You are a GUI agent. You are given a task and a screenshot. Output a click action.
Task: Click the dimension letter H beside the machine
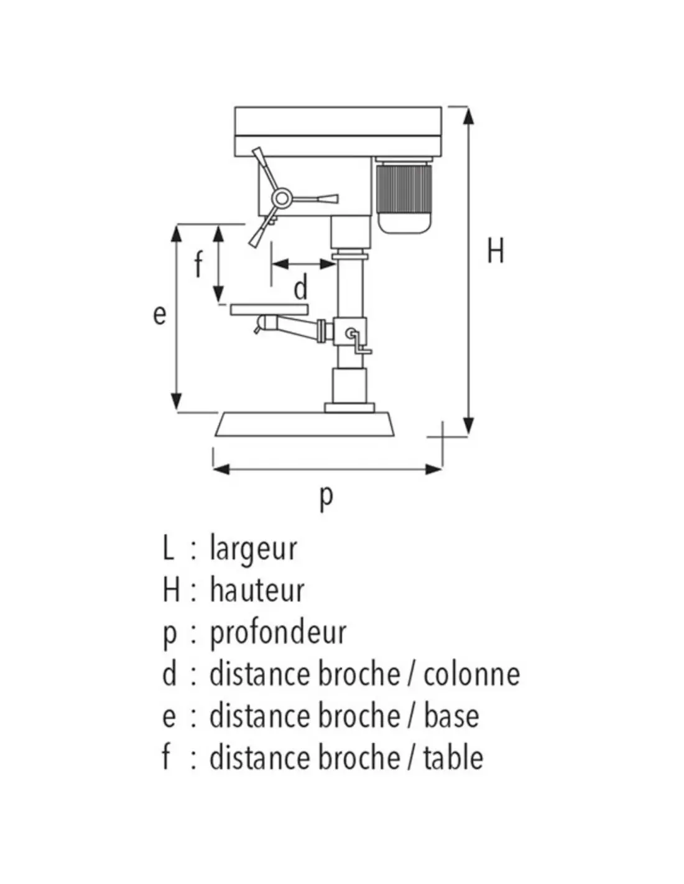(495, 251)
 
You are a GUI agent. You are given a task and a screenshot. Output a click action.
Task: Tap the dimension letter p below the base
(326, 497)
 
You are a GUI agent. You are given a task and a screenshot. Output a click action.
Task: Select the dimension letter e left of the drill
(160, 315)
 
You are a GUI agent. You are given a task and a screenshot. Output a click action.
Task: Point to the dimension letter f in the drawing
(198, 264)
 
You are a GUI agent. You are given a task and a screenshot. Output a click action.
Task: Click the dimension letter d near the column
(300, 288)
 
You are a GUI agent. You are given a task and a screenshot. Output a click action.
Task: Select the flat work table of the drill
(269, 309)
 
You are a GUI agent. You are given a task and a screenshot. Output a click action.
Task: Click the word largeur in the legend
(253, 549)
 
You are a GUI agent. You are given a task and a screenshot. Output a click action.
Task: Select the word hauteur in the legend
(257, 591)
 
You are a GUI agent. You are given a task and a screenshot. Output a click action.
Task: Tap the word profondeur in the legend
(277, 633)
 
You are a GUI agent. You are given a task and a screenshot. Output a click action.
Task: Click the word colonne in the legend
(471, 675)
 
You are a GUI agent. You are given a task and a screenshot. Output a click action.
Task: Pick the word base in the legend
(451, 716)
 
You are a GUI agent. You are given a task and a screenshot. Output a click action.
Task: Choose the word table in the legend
(453, 758)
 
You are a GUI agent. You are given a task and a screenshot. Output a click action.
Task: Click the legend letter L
(168, 549)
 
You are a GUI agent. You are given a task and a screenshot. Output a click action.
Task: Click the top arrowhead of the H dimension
(469, 116)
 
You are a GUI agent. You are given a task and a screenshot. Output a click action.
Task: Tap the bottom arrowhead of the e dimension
(177, 402)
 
